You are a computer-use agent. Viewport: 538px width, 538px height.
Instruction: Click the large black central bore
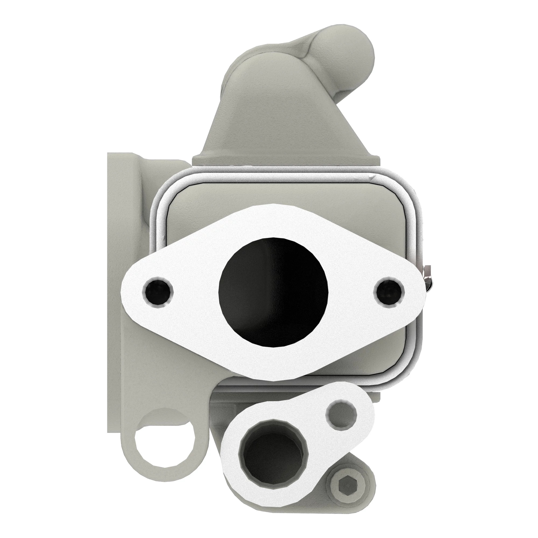pyautogui.click(x=274, y=291)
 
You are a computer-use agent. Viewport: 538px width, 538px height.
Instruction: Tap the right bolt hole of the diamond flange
pyautogui.click(x=389, y=291)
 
